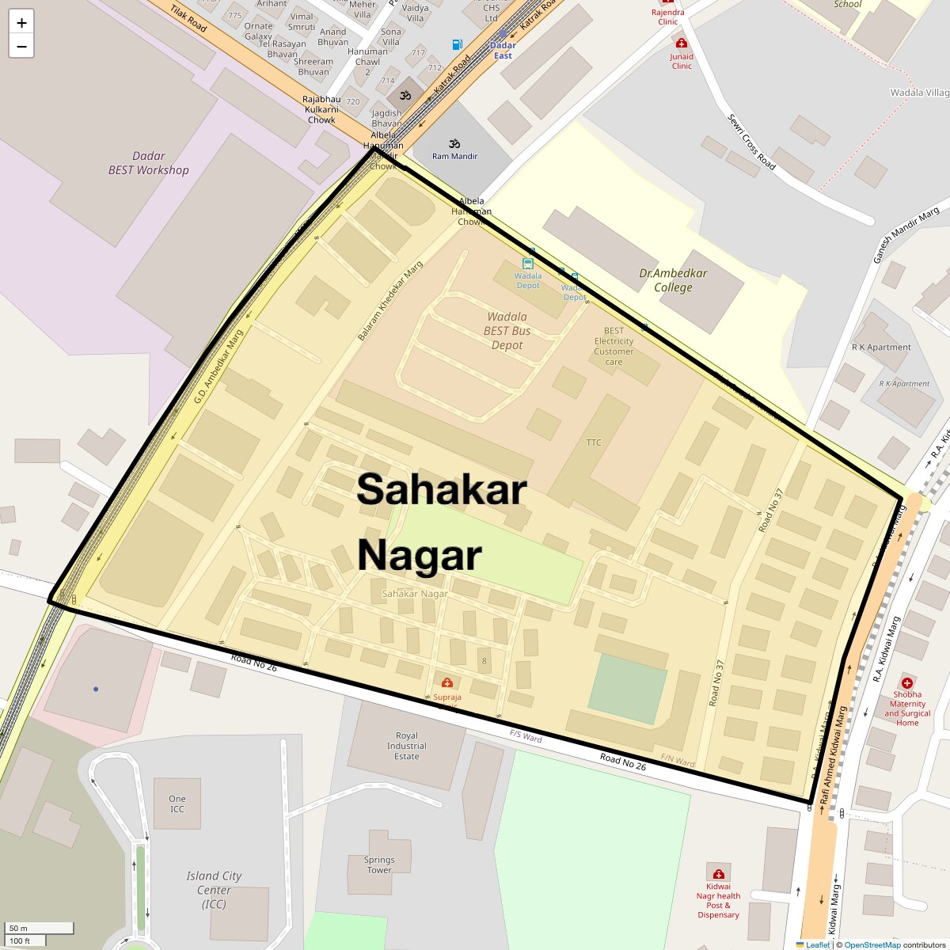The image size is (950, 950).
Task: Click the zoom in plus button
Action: click(21, 23)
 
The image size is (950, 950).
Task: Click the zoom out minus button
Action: click(21, 47)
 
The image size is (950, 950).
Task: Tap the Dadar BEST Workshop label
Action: click(149, 163)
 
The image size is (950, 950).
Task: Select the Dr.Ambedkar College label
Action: click(673, 280)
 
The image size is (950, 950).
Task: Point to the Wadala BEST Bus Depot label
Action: click(507, 331)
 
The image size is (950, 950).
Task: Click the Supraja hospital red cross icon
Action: click(447, 682)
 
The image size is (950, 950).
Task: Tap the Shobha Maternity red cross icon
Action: click(907, 682)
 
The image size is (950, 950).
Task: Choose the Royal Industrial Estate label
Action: click(407, 746)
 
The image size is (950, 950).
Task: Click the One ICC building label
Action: click(177, 804)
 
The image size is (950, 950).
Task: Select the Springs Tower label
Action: click(379, 864)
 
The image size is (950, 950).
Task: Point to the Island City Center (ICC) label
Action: click(214, 889)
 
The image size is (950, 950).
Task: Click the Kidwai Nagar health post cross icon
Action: click(718, 874)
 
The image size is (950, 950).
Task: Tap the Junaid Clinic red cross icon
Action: click(681, 44)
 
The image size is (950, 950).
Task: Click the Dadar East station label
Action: click(503, 51)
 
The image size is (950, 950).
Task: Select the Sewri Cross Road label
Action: click(751, 142)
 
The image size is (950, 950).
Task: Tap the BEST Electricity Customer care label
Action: click(614, 346)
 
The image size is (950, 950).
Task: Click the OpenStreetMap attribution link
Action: click(872, 944)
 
